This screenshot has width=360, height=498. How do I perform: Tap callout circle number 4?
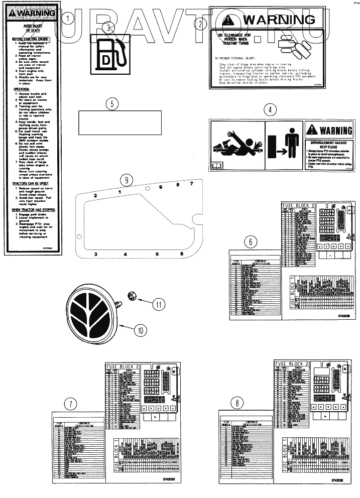point(271,109)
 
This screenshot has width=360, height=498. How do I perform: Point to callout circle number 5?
point(113,104)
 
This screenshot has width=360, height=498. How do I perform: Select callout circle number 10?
point(141,330)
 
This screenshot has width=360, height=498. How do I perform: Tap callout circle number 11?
point(159,303)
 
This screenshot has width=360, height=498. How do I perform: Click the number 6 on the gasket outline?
point(182,255)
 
